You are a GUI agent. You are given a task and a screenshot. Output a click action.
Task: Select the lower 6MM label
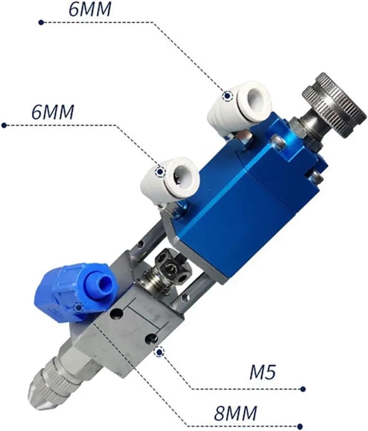tap(53, 112)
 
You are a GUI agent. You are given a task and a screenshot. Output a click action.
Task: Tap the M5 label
tap(263, 373)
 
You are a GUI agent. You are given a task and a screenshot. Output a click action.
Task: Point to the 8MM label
tap(235, 414)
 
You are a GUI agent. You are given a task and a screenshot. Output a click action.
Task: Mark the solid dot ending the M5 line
tap(303, 389)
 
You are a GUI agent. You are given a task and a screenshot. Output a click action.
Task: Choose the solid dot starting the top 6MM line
tap(41, 23)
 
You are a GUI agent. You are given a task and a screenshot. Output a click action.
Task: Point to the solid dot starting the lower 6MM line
tap(4, 125)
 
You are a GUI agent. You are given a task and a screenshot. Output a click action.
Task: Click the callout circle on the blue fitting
tap(79, 307)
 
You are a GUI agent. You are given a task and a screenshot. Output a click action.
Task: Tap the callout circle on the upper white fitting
tap(228, 96)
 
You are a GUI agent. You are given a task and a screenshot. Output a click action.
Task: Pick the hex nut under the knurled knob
tap(298, 127)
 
